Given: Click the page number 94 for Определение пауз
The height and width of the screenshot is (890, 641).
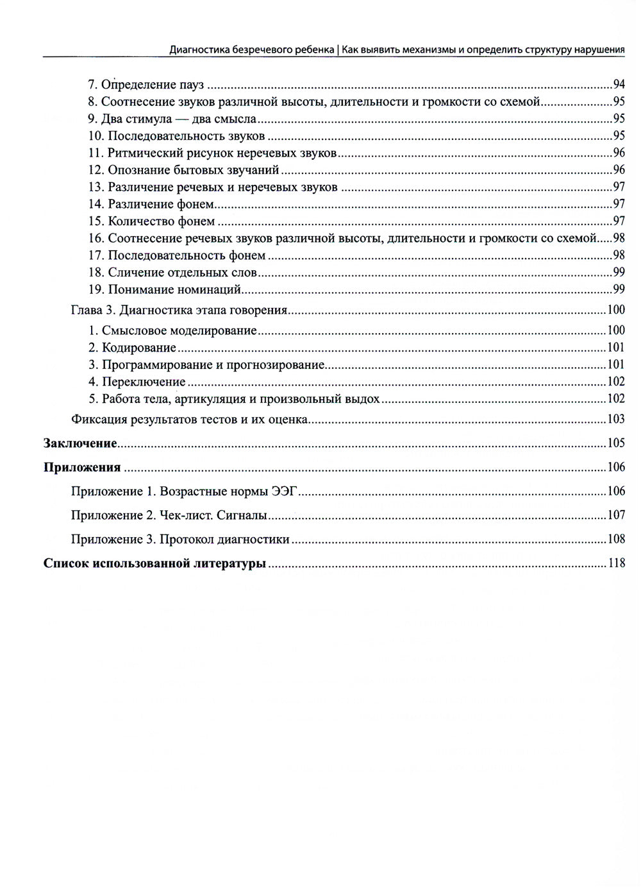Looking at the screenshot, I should (619, 84).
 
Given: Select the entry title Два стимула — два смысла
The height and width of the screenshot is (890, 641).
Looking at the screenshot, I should (179, 119).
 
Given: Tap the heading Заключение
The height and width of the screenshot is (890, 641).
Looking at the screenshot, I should (80, 443).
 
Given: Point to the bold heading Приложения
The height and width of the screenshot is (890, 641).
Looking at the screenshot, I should (82, 467).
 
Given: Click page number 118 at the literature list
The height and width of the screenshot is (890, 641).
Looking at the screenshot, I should (616, 564).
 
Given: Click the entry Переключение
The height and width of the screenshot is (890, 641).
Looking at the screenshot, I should (144, 382).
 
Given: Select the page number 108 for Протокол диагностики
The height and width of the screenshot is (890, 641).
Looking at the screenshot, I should (616, 539).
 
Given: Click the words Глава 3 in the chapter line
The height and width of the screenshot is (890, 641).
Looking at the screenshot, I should (92, 311).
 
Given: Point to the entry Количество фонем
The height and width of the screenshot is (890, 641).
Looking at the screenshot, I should (161, 221).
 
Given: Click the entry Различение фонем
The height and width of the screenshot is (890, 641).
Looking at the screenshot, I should (160, 204).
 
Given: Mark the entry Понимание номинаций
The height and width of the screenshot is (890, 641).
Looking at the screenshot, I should (174, 289).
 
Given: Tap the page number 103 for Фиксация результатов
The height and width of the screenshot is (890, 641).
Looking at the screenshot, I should (616, 420).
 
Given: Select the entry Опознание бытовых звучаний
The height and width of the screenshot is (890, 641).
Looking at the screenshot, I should (193, 170).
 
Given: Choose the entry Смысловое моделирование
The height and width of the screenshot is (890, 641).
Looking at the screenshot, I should (179, 331).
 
